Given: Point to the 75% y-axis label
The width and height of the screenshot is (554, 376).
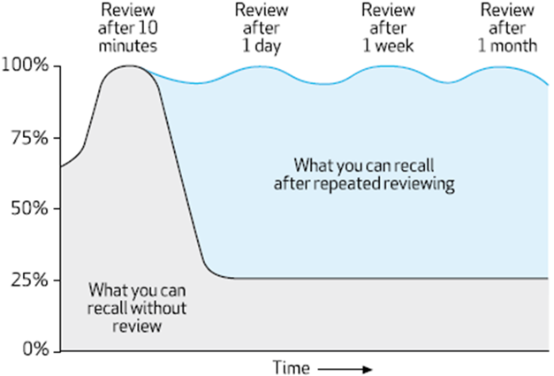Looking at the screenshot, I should click(29, 138).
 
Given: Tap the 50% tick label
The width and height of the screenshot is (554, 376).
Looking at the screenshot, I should click(29, 209).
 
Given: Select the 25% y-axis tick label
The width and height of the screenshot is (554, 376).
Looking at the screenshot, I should click(29, 280).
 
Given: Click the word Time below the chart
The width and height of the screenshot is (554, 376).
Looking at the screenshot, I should click(290, 366).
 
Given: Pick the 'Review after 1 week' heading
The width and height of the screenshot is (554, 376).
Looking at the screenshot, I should click(390, 27).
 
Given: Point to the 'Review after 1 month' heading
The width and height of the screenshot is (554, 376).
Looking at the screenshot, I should click(507, 27).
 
